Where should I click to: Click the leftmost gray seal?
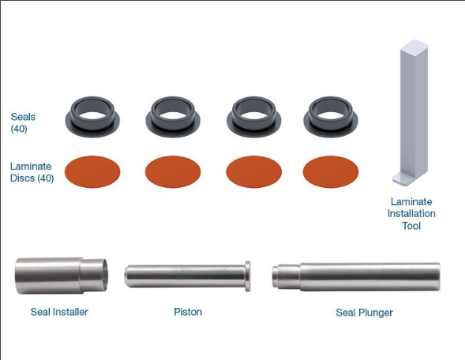[x=92, y=115]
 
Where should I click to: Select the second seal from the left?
[x=173, y=115]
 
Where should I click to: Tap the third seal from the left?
[x=253, y=115]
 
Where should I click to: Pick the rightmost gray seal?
[x=331, y=115]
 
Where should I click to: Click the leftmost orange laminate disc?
[x=92, y=171]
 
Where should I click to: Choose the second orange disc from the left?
[x=173, y=171]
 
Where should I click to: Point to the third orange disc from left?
[x=253, y=171]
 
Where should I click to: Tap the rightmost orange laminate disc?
[x=331, y=171]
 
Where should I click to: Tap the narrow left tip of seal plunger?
[x=278, y=276]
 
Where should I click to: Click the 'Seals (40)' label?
[x=23, y=122]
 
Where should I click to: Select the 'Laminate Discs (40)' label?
[x=32, y=172]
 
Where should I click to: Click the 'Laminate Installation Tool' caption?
[x=411, y=214]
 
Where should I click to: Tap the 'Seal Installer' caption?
[x=59, y=312]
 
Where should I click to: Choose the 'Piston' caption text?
[x=188, y=312]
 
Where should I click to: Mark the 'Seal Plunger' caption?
[x=364, y=313]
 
